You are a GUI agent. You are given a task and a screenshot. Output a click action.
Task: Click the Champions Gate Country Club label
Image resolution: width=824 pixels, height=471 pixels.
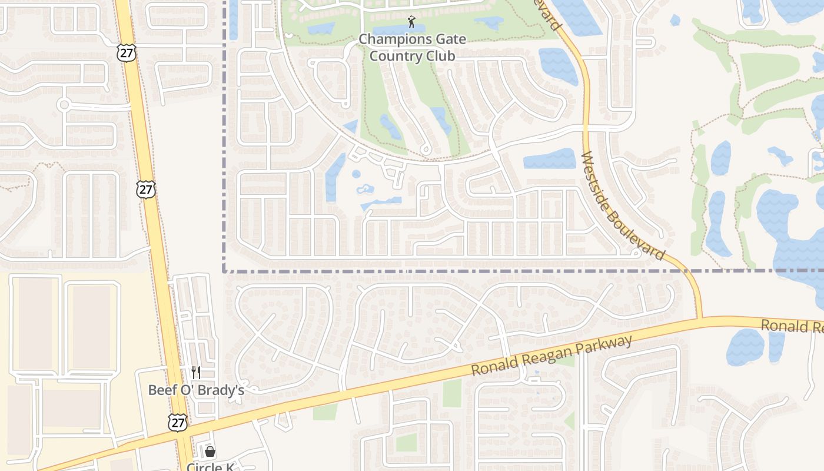point(412,48)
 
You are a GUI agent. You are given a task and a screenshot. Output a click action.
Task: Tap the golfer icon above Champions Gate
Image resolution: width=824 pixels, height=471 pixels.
point(411,22)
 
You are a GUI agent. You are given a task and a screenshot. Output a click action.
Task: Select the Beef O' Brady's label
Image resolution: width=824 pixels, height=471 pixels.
point(195,390)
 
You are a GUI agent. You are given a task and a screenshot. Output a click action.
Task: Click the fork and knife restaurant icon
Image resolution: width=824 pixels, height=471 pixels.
point(196,372)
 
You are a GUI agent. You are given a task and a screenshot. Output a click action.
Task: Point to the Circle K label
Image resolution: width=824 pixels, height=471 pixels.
point(210,467)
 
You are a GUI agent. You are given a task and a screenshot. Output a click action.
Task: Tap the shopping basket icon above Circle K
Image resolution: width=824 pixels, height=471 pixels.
point(210,452)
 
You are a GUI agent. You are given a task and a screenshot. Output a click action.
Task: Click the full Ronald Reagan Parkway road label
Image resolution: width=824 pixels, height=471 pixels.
point(552,356)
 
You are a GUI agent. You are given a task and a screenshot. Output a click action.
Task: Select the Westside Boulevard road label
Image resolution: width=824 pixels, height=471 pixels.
point(622,206)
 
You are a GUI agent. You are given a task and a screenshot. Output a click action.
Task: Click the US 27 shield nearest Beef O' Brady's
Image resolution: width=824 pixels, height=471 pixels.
point(177,422)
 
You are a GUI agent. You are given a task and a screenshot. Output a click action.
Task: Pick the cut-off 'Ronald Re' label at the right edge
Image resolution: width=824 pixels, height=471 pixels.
point(792,326)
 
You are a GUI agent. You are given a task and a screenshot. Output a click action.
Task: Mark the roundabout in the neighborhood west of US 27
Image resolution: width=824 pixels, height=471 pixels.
point(64,105)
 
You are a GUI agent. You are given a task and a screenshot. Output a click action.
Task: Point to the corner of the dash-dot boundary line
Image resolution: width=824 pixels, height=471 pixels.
point(224,271)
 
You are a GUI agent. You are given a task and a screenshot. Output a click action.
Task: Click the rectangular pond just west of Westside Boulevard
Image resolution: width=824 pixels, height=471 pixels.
point(549,158)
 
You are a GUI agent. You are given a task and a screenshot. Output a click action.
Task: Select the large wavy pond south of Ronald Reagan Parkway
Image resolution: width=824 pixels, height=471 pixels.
point(745,347)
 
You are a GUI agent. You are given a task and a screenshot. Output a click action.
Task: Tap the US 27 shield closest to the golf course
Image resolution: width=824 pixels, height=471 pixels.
point(127,52)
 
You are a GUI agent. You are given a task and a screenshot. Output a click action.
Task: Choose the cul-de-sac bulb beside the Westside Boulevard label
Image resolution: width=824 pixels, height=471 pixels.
point(635,253)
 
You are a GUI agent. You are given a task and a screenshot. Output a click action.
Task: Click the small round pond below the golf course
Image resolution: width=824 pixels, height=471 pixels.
point(355,174)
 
